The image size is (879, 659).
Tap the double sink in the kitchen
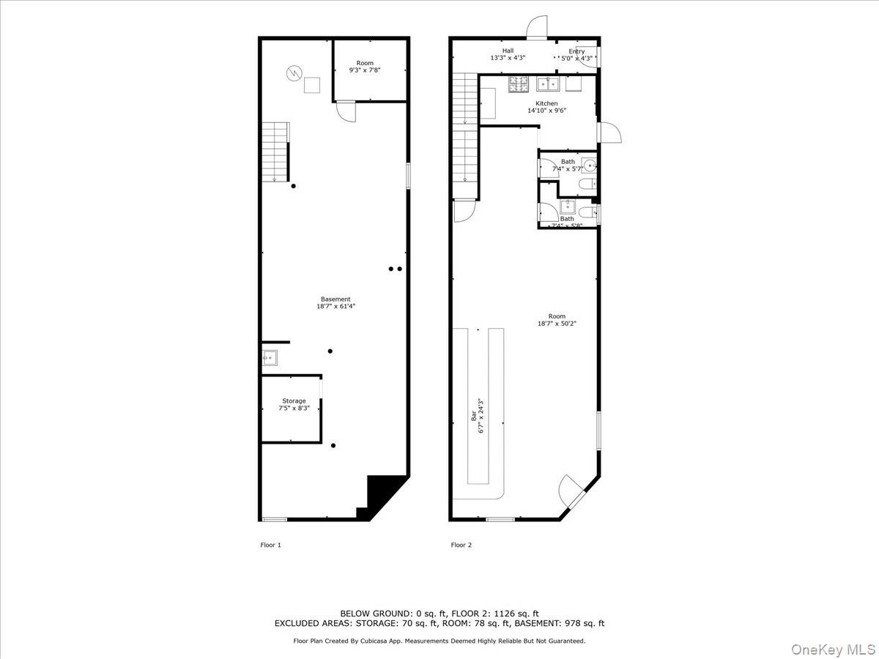pyautogui.click(x=547, y=83)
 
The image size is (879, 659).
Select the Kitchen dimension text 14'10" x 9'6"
pyautogui.click(x=546, y=111)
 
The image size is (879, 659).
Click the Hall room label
pyautogui.click(x=508, y=51)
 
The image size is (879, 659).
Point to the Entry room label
pyautogui.click(x=576, y=51)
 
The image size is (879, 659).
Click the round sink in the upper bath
pyautogui.click(x=589, y=164)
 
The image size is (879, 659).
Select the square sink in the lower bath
pyautogui.click(x=567, y=206)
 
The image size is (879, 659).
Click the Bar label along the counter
pyautogui.click(x=474, y=415)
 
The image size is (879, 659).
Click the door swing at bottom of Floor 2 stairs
pyautogui.click(x=462, y=211)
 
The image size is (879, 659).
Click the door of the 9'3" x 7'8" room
pyautogui.click(x=345, y=111)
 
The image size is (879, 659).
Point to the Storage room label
pyautogui.click(x=294, y=401)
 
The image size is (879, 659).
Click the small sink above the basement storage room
pyautogui.click(x=270, y=358)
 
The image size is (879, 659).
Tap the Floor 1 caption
pyautogui.click(x=270, y=545)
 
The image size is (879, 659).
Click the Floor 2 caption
pyautogui.click(x=461, y=545)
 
